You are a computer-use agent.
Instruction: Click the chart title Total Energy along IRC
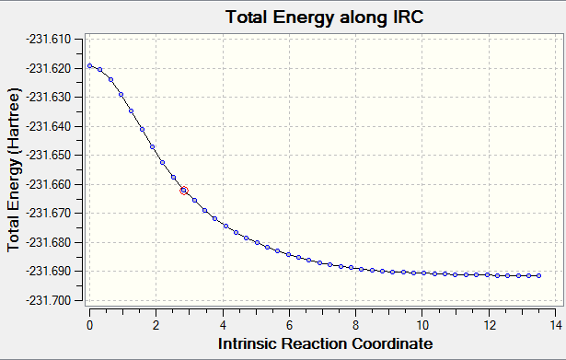[324, 17]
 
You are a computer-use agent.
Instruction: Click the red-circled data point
[184, 191]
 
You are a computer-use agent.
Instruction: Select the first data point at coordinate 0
[90, 65]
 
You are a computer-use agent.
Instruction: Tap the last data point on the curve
[539, 275]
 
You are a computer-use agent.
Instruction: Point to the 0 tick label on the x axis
[89, 325]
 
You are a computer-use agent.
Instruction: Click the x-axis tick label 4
[223, 325]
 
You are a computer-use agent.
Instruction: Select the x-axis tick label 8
[355, 325]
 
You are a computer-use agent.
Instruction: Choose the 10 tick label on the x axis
[422, 325]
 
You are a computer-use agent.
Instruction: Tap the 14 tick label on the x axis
[556, 325]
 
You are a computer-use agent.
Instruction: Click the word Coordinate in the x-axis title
[392, 343]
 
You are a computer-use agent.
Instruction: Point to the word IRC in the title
[408, 17]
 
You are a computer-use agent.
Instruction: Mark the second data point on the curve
[100, 69]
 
